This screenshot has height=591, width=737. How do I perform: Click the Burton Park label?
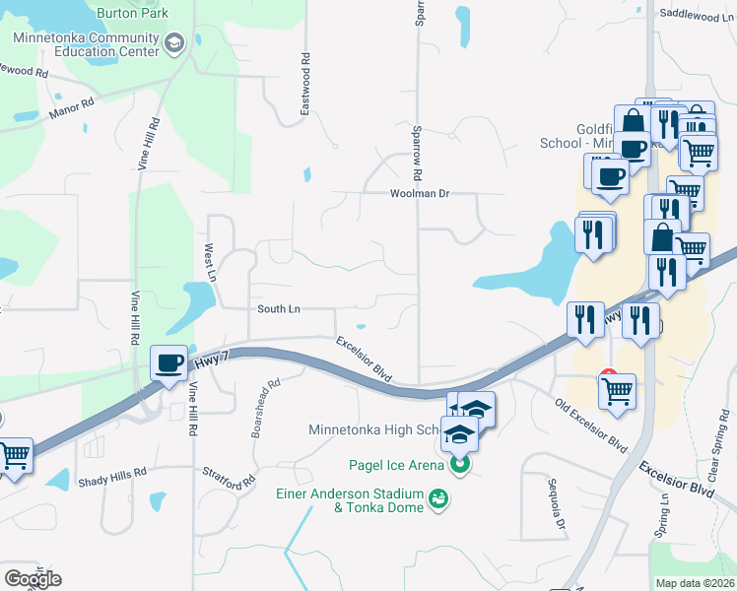(x=132, y=14)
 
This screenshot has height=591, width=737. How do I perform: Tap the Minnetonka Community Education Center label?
(x=86, y=44)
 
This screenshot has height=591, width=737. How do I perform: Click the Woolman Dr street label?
(x=418, y=194)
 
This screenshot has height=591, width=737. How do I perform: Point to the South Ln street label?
(x=278, y=309)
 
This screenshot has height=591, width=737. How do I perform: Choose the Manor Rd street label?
(x=71, y=108)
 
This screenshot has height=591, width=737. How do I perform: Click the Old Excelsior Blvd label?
(x=590, y=424)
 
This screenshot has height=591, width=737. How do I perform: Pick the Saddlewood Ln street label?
(x=689, y=15)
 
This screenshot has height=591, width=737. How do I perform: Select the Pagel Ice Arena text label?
(x=398, y=465)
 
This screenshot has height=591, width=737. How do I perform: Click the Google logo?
(x=33, y=578)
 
